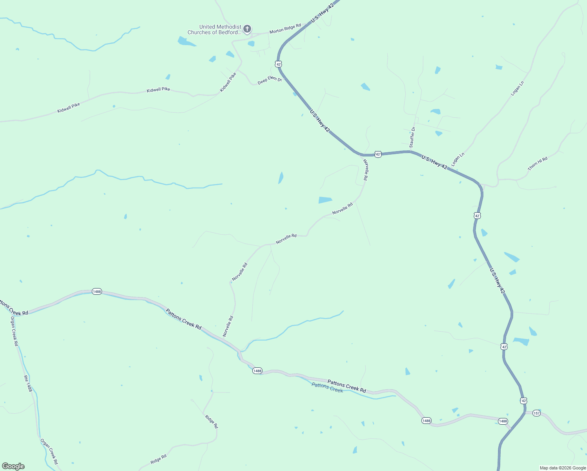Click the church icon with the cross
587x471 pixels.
(247, 29)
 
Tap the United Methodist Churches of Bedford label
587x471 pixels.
(214, 29)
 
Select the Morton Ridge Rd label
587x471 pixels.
(285, 28)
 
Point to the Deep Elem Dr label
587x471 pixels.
(270, 80)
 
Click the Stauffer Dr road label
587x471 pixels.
(412, 137)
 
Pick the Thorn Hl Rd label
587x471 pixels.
(537, 163)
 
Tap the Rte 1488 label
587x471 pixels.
(27, 383)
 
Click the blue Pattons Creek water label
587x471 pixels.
(327, 387)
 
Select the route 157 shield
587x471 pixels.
(536, 413)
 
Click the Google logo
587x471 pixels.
(13, 466)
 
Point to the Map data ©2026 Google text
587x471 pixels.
(563, 468)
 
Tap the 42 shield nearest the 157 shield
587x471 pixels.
(523, 401)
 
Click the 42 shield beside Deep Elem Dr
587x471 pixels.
(278, 64)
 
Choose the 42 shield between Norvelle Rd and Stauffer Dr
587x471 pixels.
(377, 155)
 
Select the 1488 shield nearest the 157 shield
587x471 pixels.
(503, 421)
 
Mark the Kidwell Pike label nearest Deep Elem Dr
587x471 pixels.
(228, 82)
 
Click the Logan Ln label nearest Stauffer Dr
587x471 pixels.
(458, 159)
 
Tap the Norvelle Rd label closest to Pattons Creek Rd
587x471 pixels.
(228, 326)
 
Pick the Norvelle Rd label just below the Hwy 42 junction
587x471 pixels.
(365, 170)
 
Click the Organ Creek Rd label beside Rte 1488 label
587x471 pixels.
(14, 331)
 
